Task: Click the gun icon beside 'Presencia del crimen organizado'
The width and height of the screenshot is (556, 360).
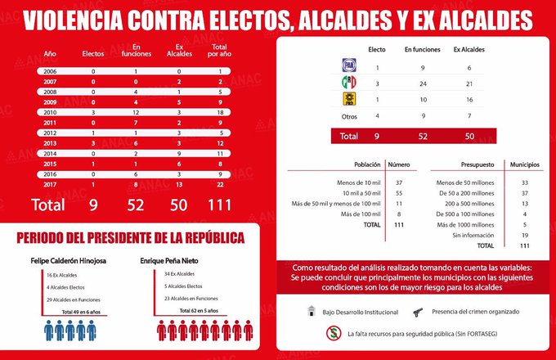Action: click(418, 311)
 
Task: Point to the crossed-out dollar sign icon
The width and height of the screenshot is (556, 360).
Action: click(333, 333)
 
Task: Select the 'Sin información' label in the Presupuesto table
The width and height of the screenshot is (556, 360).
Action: click(472, 235)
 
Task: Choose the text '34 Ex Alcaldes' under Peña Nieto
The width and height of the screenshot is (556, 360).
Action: click(180, 274)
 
